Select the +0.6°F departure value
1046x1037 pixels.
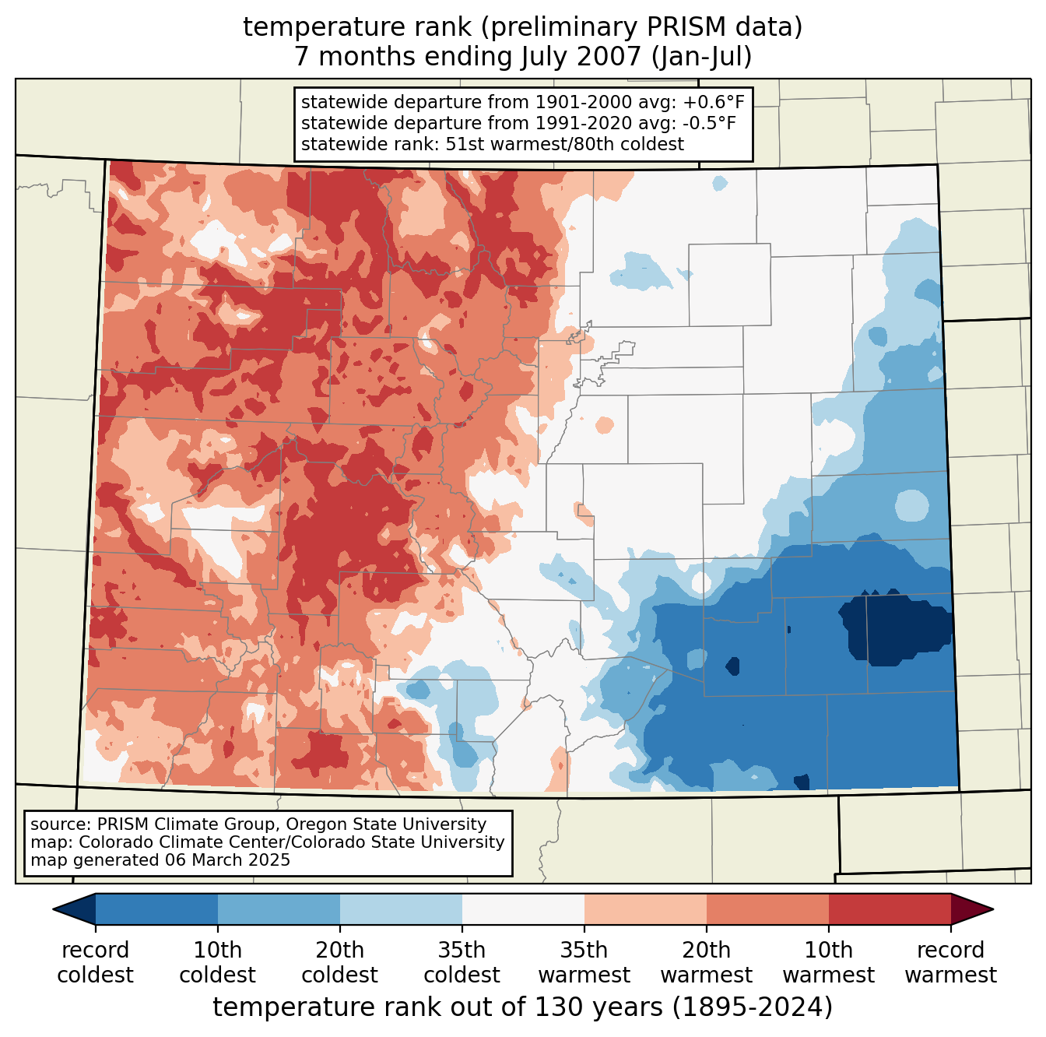point(714,103)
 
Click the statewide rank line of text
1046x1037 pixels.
point(492,144)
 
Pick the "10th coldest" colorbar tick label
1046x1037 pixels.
point(217,962)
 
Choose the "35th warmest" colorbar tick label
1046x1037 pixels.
point(584,962)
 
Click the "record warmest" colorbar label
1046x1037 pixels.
point(950,962)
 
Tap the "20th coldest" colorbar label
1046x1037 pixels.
point(339,962)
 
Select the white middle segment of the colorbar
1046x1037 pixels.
point(523,909)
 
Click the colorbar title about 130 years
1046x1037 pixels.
point(523,1007)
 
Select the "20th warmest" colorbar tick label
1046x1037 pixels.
point(706,962)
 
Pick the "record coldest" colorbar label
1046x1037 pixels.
point(95,962)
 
